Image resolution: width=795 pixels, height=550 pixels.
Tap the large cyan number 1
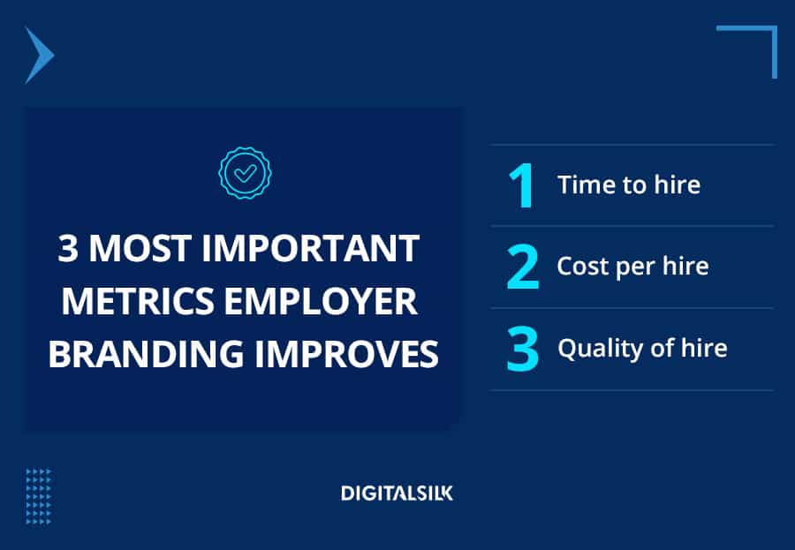[521, 185]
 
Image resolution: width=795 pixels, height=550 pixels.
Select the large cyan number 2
[522, 267]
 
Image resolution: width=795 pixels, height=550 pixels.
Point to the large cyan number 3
[522, 348]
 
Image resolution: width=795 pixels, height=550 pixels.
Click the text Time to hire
[629, 185]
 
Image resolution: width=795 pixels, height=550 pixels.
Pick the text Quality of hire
[642, 349]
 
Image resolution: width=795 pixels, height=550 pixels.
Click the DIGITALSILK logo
[397, 493]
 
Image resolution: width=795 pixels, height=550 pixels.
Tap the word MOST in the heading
[140, 248]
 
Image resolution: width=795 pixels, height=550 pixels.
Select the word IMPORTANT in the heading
[310, 248]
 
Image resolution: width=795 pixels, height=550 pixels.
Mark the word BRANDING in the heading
[146, 353]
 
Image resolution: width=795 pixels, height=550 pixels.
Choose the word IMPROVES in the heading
[346, 353]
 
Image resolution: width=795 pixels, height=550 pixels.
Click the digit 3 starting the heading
[68, 248]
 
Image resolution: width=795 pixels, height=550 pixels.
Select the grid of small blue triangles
[39, 497]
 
